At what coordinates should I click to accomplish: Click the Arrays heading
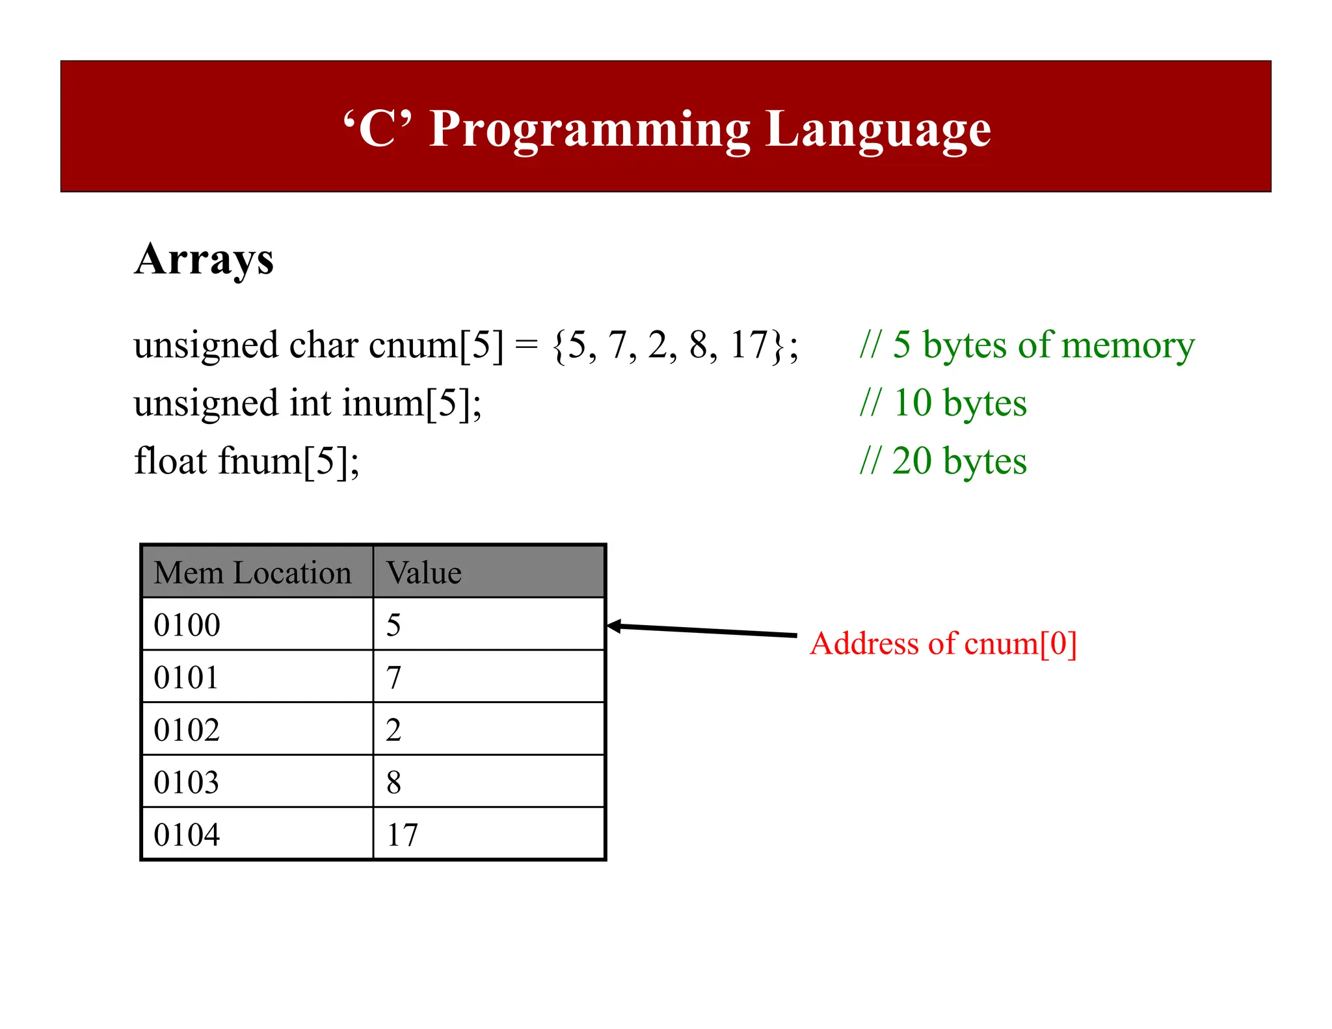point(204,260)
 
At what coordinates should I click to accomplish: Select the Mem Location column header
point(253,573)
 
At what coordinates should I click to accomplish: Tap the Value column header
point(423,573)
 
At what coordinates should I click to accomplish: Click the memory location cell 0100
point(187,625)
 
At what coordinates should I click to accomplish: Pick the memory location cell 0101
point(187,678)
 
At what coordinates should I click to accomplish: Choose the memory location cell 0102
point(187,730)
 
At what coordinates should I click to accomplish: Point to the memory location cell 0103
point(187,782)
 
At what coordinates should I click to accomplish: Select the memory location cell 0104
point(187,835)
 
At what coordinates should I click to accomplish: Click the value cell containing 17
point(402,835)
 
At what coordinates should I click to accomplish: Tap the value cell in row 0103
point(393,782)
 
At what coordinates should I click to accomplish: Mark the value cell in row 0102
point(393,730)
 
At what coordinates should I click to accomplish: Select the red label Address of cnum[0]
point(943,644)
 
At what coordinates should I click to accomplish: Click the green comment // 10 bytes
point(943,403)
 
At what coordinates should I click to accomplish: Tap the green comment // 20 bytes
point(943,461)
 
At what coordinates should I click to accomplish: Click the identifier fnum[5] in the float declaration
point(287,461)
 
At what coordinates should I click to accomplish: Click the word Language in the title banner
point(878,129)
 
